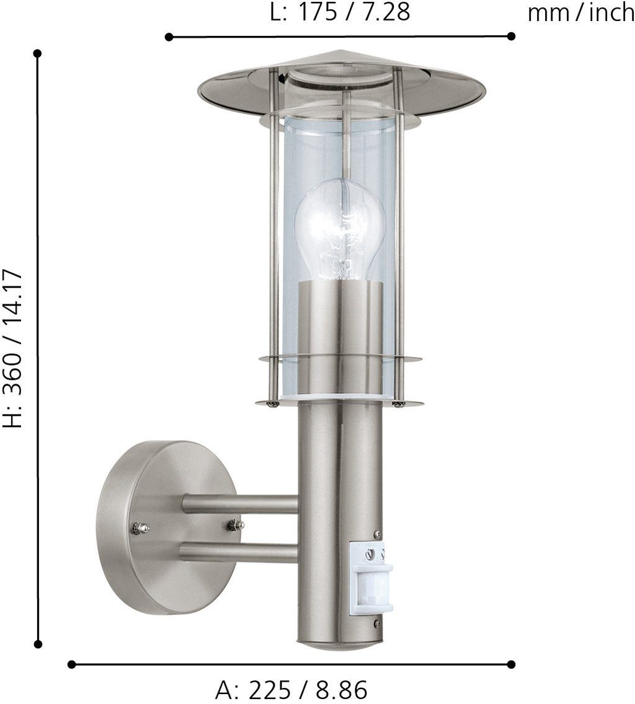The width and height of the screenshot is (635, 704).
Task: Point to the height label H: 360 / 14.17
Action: click(x=14, y=348)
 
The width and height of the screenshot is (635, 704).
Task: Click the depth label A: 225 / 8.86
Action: click(x=291, y=690)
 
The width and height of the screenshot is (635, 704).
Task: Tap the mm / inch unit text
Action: click(x=580, y=13)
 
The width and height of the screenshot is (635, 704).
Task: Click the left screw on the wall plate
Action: click(x=140, y=528)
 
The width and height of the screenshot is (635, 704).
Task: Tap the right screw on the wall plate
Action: click(x=235, y=525)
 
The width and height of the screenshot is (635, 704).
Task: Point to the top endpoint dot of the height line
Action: click(x=38, y=53)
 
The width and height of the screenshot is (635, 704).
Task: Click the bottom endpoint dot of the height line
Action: click(x=38, y=644)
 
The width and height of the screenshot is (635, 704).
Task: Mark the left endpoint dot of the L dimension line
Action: click(x=169, y=37)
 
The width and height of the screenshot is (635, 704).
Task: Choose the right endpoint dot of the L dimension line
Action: click(x=511, y=36)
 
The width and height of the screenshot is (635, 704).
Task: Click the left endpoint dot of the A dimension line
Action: click(x=71, y=664)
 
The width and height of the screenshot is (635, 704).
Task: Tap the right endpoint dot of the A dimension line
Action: click(x=511, y=664)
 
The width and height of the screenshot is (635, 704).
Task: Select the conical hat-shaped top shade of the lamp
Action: click(x=341, y=84)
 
